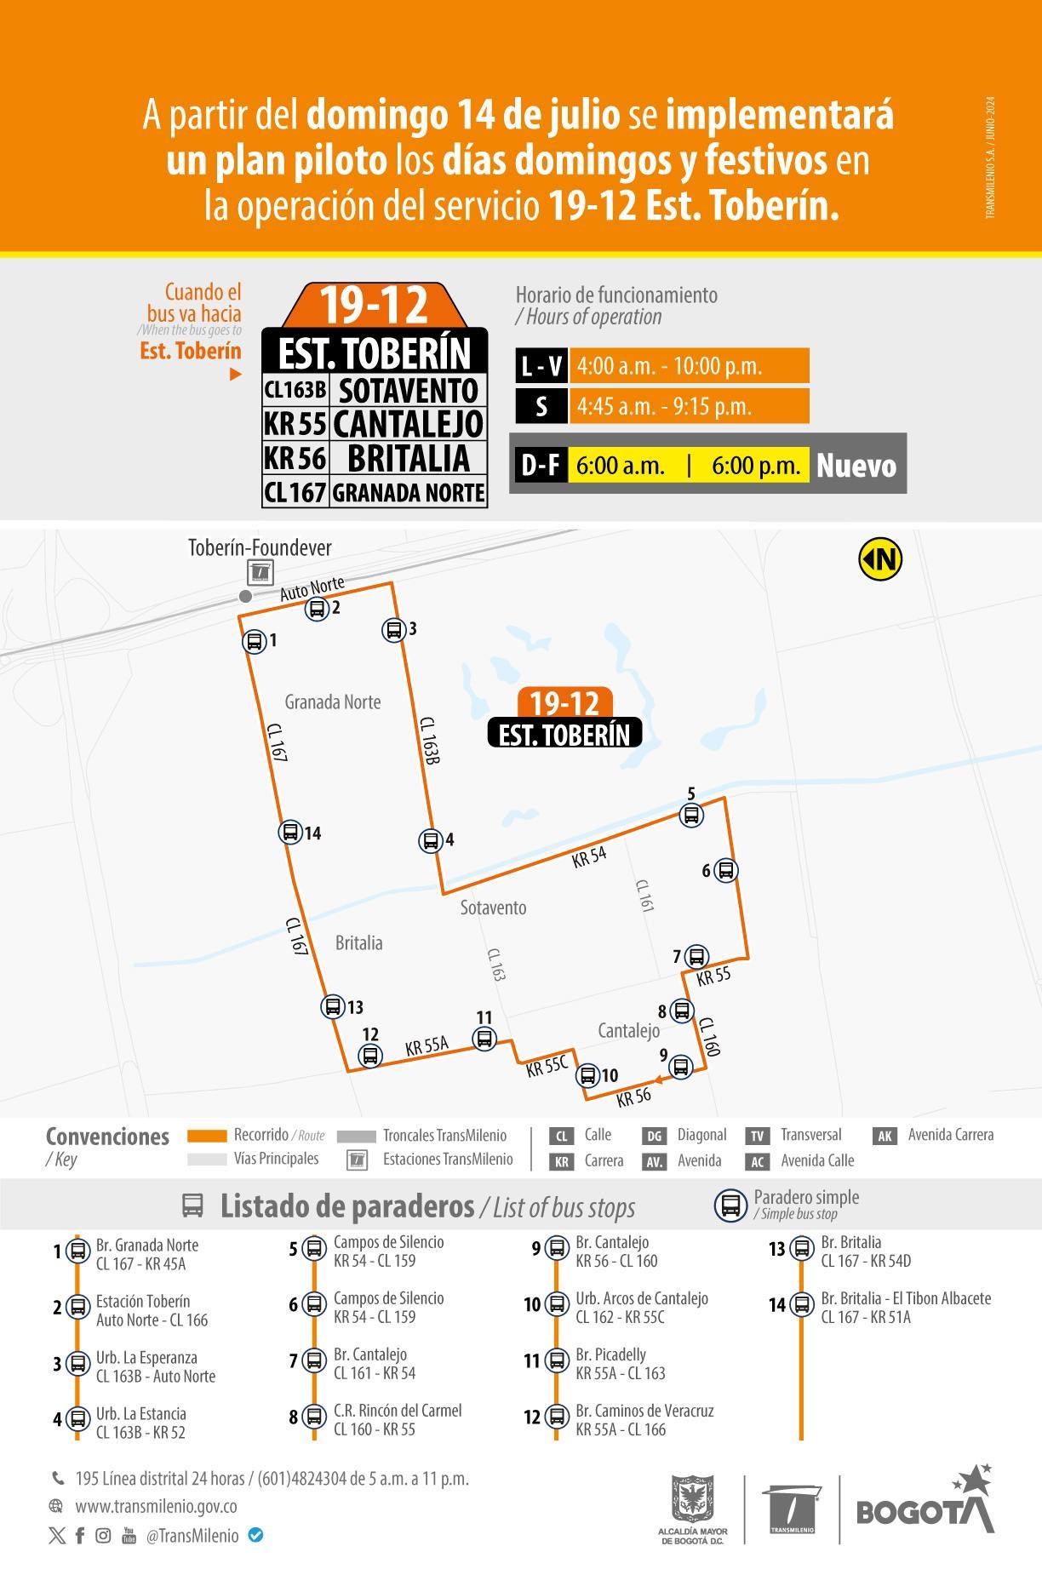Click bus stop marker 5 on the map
pyautogui.click(x=691, y=815)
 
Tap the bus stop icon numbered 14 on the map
pyautogui.click(x=291, y=832)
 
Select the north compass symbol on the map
pyautogui.click(x=880, y=559)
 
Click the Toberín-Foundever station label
pyautogui.click(x=260, y=548)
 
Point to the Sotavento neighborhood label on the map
pyautogui.click(x=493, y=908)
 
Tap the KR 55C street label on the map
pyautogui.click(x=547, y=1065)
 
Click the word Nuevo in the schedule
pyautogui.click(x=856, y=466)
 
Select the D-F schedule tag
pyautogui.click(x=541, y=466)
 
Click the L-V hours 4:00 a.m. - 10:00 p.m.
pyautogui.click(x=669, y=366)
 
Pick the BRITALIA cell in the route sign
pyautogui.click(x=409, y=458)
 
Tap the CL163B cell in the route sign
pyautogui.click(x=295, y=390)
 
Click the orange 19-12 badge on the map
pyautogui.click(x=565, y=703)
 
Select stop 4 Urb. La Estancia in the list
pyautogui.click(x=140, y=1423)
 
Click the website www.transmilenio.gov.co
pyautogui.click(x=156, y=1506)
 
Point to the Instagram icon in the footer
pyautogui.click(x=103, y=1536)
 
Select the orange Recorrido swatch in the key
pyautogui.click(x=207, y=1136)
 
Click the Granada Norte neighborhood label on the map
pyautogui.click(x=332, y=702)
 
